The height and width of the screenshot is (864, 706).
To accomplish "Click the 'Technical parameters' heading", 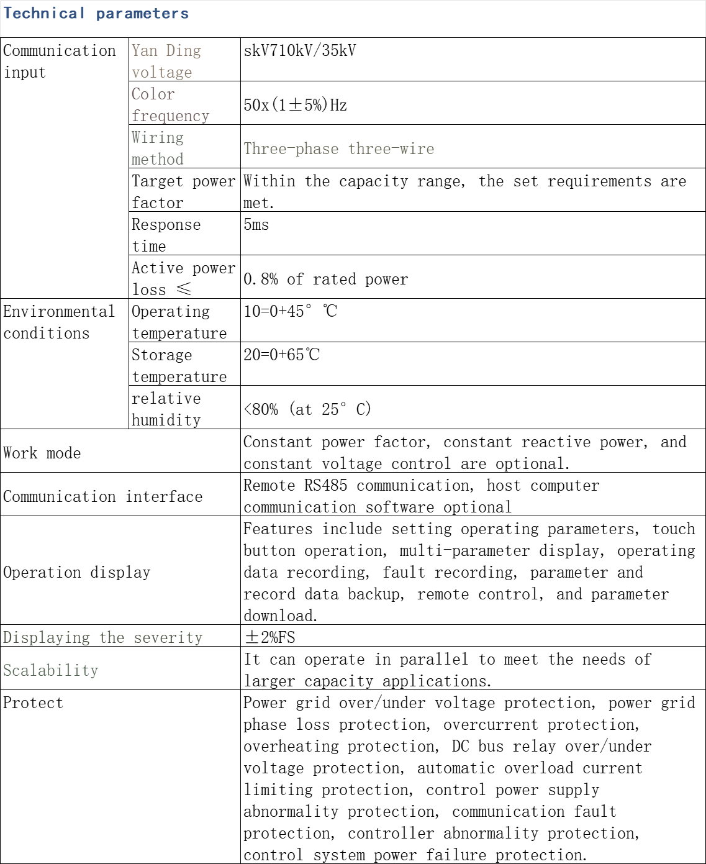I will click(96, 14).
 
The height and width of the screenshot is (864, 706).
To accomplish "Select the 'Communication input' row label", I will click(59, 61).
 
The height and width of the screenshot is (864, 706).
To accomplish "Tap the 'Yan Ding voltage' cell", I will click(166, 61).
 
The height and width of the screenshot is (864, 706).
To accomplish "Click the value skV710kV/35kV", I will click(300, 51).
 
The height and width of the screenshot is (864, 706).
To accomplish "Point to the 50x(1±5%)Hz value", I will click(295, 105).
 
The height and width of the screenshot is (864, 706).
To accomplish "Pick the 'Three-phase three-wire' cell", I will click(338, 148).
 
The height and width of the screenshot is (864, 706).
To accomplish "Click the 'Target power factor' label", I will click(183, 192).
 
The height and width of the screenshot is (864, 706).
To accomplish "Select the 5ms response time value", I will click(256, 224).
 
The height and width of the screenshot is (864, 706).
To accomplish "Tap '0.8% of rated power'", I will click(325, 279).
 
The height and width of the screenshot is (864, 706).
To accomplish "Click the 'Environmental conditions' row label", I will click(59, 322).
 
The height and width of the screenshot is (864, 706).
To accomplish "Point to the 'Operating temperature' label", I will click(179, 322).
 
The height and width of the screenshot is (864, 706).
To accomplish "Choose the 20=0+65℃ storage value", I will click(281, 355).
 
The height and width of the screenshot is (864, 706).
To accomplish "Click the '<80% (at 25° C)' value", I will click(307, 409).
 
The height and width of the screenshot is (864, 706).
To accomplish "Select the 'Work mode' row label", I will click(42, 453).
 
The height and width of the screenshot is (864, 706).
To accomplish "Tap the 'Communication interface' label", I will click(102, 496).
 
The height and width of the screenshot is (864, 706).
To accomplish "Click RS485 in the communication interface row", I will click(325, 485).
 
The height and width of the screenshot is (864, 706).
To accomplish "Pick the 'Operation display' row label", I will click(76, 572).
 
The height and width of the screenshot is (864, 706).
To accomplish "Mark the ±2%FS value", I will click(269, 637).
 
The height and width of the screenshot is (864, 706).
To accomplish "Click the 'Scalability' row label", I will click(51, 670).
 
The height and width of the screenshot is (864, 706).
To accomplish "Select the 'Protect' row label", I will click(33, 703).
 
